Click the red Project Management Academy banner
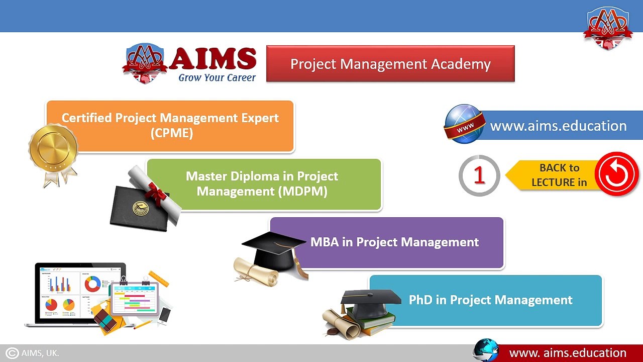(390, 64)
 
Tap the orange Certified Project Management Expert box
(171, 126)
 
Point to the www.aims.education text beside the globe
(558, 126)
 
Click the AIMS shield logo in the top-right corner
(608, 28)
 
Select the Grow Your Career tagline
(217, 78)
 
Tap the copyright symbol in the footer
(12, 353)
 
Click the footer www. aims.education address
(568, 353)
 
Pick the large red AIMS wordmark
(212, 59)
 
